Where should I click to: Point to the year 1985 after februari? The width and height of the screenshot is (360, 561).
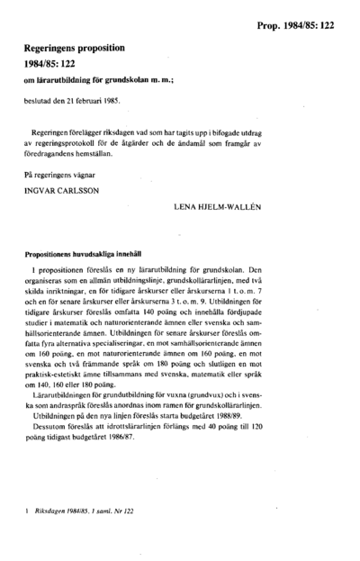click(x=109, y=102)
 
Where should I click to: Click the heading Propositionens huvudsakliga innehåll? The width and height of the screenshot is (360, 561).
click(x=94, y=256)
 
